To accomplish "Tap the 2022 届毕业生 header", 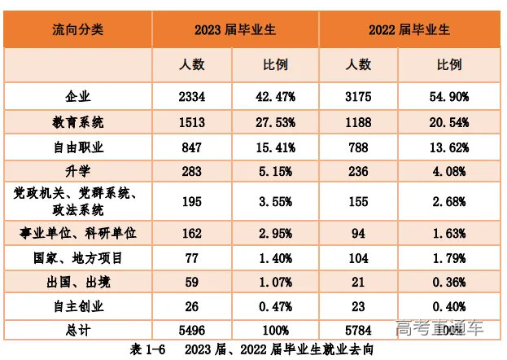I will (409, 29).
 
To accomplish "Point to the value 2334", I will (192, 97).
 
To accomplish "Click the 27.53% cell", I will (275, 122).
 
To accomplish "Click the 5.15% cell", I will (275, 172).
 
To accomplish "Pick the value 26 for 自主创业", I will (192, 307).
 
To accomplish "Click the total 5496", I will (192, 330).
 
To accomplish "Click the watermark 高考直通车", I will (439, 329).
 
